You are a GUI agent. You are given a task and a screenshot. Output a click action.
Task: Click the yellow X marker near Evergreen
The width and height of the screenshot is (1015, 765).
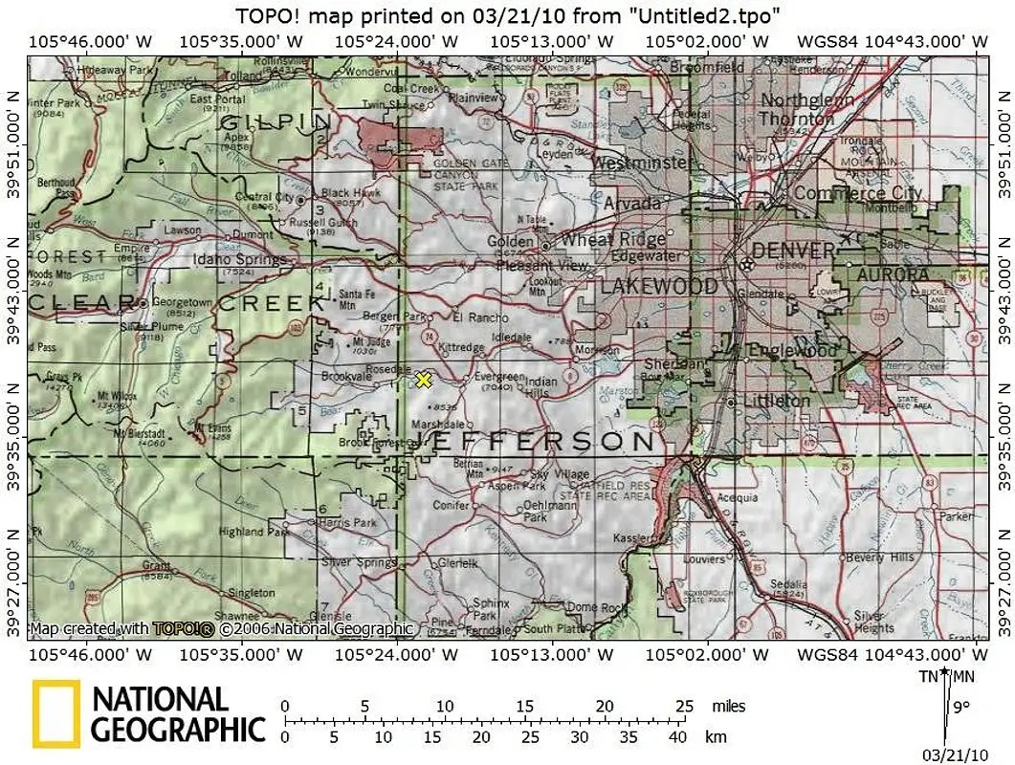click(x=424, y=381)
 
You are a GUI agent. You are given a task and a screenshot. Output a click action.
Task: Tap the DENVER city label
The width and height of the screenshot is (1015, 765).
click(x=792, y=251)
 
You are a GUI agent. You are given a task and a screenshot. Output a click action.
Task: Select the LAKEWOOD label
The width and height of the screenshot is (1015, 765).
click(x=659, y=286)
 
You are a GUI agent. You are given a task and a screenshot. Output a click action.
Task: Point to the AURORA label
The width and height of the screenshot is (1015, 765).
click(x=893, y=274)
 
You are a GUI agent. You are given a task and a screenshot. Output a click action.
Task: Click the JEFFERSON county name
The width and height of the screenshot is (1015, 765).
click(x=536, y=441)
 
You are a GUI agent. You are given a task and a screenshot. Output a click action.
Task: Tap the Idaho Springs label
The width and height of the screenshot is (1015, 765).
click(x=239, y=259)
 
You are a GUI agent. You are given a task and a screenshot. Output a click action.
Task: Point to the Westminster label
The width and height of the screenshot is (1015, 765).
click(x=642, y=164)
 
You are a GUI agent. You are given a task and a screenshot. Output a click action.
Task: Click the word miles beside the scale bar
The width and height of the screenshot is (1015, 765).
click(x=728, y=706)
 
